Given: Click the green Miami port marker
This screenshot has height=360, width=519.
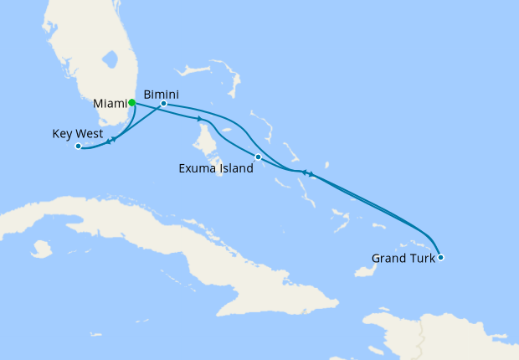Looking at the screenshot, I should pos(132,103).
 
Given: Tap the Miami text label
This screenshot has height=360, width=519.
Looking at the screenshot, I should pos(110,103).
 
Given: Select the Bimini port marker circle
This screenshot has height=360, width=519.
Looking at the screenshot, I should pos(163,104).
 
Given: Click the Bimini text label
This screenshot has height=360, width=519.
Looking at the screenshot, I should pos(161,93).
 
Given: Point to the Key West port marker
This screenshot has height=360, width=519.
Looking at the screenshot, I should pos(78,147).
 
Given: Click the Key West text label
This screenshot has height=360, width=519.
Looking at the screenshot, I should pos(77,133).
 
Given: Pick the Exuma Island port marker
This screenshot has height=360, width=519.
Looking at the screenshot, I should pos(258,157).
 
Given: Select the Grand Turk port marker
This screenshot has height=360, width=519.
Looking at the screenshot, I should pos(440,257).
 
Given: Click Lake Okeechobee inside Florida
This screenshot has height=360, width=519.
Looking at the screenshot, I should pos(108,61).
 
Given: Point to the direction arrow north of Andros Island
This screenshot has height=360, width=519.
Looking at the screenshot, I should pos(200,119).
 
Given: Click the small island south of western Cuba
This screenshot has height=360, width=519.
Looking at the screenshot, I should pos(40,249).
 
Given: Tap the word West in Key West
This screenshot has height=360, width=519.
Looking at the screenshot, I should pos(90,133).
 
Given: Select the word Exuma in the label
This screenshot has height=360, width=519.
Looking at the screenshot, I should pos(198,168).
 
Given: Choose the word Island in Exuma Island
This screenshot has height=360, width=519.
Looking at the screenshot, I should pos(234,168).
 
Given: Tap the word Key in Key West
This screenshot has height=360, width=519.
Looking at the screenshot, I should pos(63,133).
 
